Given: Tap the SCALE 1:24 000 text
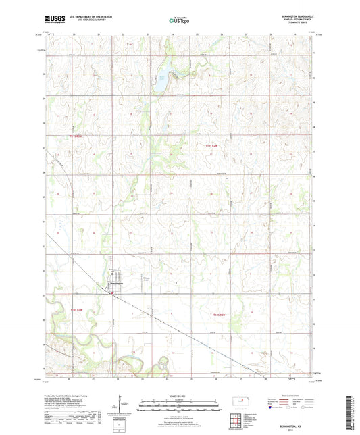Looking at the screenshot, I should [179, 395].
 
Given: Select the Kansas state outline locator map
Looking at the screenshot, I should [242, 403].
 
